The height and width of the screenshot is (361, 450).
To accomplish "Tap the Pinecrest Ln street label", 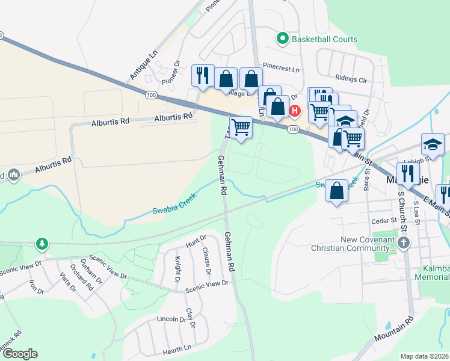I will (280, 69).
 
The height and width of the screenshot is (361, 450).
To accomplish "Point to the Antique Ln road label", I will (143, 65).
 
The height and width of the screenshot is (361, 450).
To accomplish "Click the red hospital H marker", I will (295, 111).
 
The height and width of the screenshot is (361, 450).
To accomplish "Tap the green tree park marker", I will (42, 244).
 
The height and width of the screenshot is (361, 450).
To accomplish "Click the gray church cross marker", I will (403, 243).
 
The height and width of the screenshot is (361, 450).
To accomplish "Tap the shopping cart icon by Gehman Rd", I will (241, 128).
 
